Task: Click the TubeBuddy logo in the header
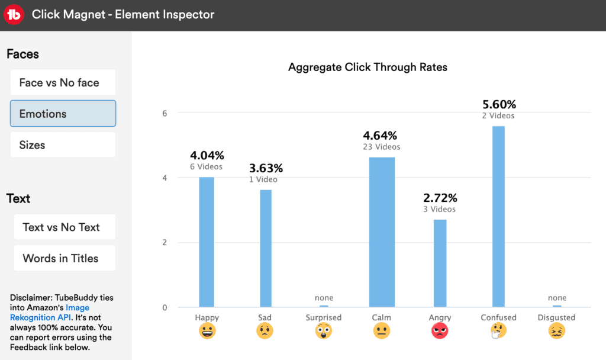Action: [14, 14]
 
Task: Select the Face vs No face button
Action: [63, 82]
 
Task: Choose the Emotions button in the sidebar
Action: [63, 114]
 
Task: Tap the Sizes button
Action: [63, 145]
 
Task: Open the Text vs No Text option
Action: [65, 227]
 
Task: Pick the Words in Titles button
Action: [65, 258]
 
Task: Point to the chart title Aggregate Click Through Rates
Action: [368, 67]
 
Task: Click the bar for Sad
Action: [265, 248]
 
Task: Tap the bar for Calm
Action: [382, 232]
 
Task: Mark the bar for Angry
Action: [440, 263]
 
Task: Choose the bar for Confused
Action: [498, 217]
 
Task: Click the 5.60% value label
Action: [498, 105]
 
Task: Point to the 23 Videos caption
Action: [382, 147]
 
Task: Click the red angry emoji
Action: [440, 332]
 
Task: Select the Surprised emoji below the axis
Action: [324, 332]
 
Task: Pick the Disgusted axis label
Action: [556, 317]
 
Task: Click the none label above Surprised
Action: [324, 298]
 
